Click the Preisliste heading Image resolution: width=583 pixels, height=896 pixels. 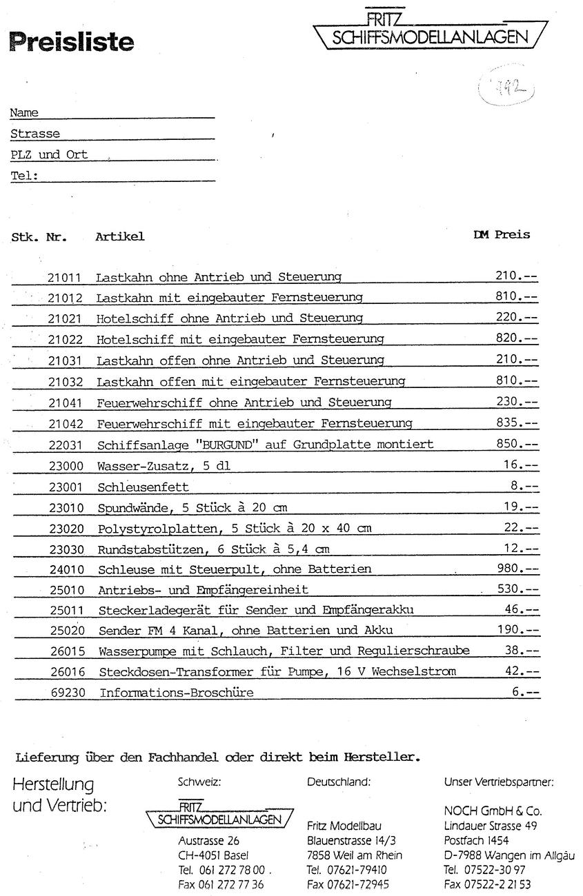point(72,42)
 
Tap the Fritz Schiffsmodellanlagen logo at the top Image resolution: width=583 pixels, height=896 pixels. point(431,32)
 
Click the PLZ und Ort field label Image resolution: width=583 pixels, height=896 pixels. point(49,155)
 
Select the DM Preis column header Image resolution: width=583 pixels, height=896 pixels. point(502,234)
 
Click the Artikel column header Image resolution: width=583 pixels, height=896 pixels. point(120,236)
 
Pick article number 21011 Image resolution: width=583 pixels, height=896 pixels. point(65,278)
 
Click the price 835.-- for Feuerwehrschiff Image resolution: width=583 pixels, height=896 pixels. point(517,422)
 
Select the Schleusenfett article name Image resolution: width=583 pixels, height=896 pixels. point(143,487)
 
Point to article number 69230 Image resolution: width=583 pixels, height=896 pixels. point(67,693)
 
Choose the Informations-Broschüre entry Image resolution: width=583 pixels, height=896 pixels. point(177,693)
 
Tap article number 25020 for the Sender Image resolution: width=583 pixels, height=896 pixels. point(67,631)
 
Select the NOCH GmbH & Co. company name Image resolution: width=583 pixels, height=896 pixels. point(493,811)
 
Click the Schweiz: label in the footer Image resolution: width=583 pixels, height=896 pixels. point(199,782)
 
